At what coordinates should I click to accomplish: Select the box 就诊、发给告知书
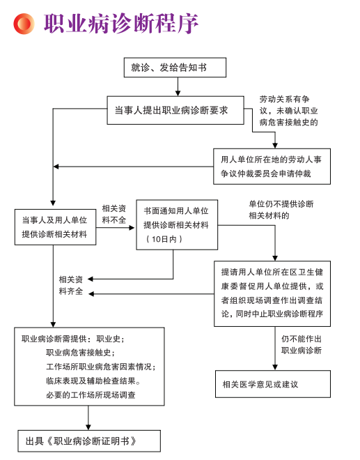point(178,68)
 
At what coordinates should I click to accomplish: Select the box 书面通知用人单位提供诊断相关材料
point(176,224)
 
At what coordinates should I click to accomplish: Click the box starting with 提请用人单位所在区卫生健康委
point(272,293)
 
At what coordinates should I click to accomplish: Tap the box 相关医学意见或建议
point(272,384)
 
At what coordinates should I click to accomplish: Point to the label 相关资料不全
point(114,214)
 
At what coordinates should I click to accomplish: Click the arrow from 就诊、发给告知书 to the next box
point(178,86)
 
